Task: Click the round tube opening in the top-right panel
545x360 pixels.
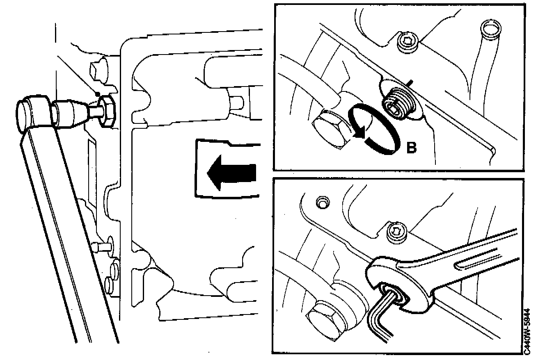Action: pyautogui.click(x=489, y=30)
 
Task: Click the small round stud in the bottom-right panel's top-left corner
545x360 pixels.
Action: pyautogui.click(x=323, y=203)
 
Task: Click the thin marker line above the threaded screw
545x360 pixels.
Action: pyautogui.click(x=409, y=83)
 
